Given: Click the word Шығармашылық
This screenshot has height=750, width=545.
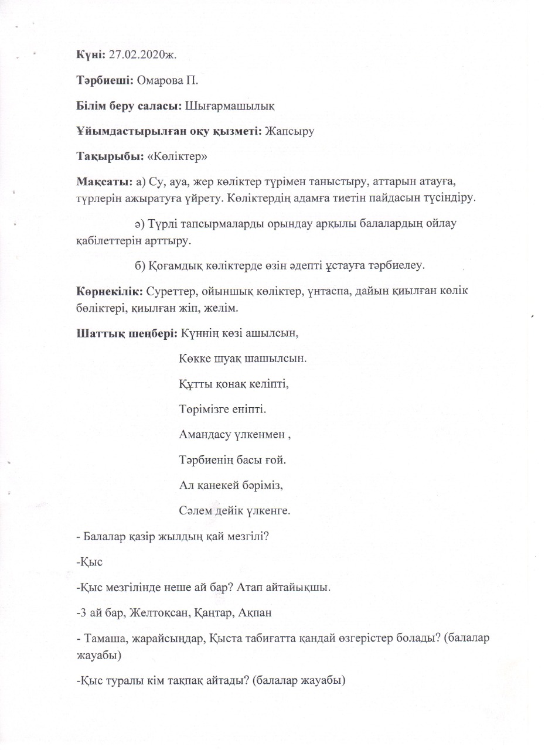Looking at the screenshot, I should (x=230, y=106).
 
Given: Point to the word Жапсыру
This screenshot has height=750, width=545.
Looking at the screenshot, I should (x=289, y=132).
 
